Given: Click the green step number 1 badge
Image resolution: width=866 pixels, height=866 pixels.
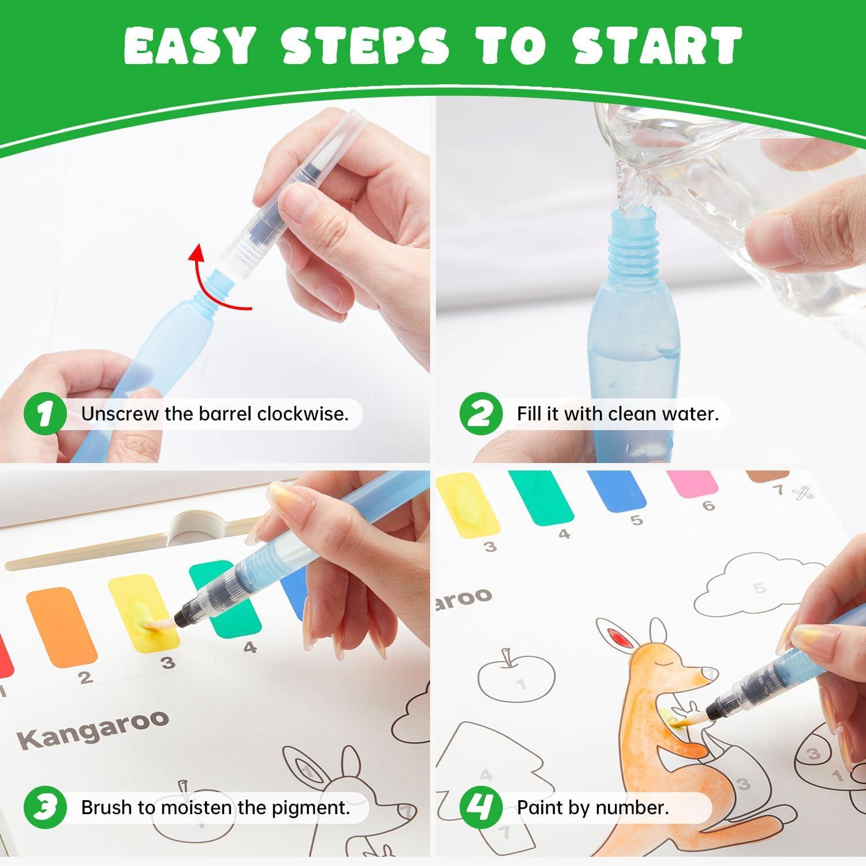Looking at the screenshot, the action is [x=44, y=414].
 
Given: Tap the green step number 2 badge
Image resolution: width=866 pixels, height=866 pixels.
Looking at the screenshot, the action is [x=480, y=414].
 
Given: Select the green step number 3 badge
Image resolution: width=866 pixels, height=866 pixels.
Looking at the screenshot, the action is [x=44, y=807].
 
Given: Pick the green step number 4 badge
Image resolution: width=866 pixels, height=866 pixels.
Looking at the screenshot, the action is [x=480, y=807].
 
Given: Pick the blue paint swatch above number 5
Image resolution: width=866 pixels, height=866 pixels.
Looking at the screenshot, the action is [x=616, y=491].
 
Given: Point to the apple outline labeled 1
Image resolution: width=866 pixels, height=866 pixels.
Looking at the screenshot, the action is [x=516, y=678].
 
